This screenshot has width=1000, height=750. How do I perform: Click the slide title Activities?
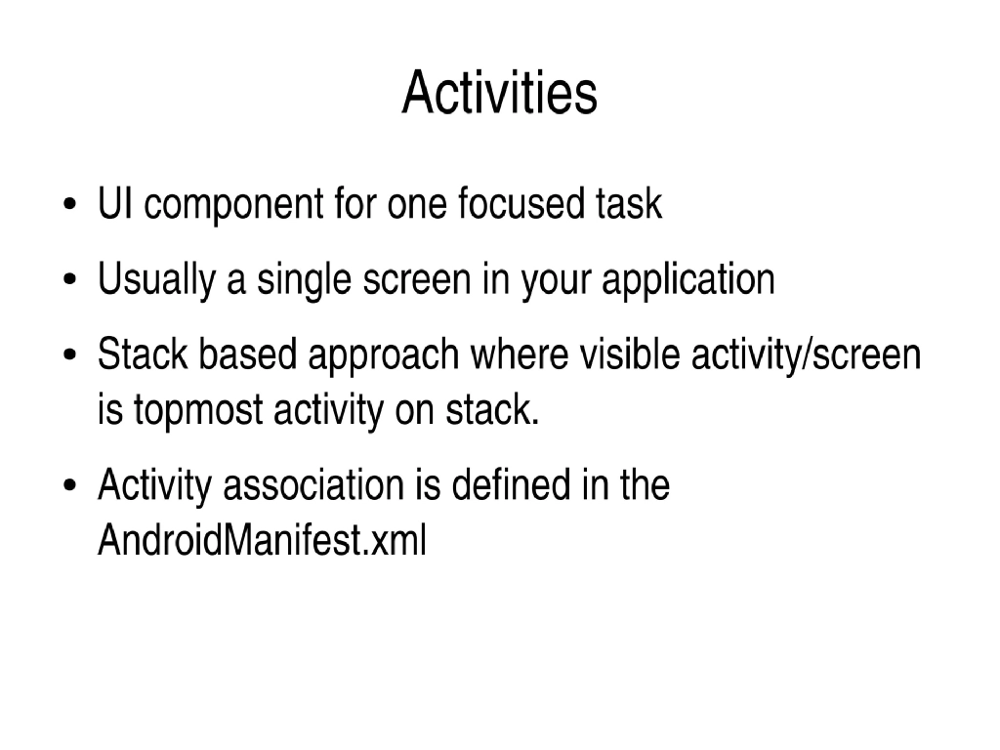499,94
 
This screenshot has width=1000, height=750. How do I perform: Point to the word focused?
521,205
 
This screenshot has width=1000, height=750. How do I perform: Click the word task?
628,205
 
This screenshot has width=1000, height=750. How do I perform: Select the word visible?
631,355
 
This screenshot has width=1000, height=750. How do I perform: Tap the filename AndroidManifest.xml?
262,540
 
